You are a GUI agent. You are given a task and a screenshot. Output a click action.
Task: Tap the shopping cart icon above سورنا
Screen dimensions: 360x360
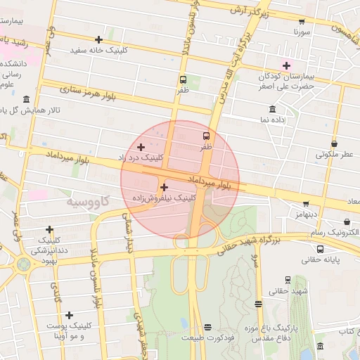point(302,22)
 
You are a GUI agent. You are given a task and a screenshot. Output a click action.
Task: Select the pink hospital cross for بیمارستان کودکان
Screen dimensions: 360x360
point(286,65)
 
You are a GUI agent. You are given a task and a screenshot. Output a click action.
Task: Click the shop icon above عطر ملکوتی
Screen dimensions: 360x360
point(334,143)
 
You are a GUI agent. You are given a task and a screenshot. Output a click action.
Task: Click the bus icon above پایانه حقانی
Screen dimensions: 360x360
point(321,248)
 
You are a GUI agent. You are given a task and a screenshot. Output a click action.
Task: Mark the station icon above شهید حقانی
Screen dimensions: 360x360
point(288,279)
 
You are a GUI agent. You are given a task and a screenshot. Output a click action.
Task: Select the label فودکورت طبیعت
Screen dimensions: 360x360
point(207,338)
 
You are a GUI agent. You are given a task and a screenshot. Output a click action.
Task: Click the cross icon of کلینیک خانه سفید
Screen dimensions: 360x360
point(98,39)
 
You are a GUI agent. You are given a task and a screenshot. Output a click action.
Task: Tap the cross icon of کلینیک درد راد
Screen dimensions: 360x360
point(141,147)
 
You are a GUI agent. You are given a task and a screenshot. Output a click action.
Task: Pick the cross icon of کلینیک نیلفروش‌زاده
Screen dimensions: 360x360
point(164,187)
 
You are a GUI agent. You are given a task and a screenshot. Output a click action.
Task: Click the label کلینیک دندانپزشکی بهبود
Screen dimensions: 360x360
point(49,245)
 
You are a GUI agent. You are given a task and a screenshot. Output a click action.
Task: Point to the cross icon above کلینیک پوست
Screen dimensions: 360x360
point(69,314)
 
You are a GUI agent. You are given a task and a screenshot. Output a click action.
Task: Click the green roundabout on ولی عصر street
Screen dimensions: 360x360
point(24,264)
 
